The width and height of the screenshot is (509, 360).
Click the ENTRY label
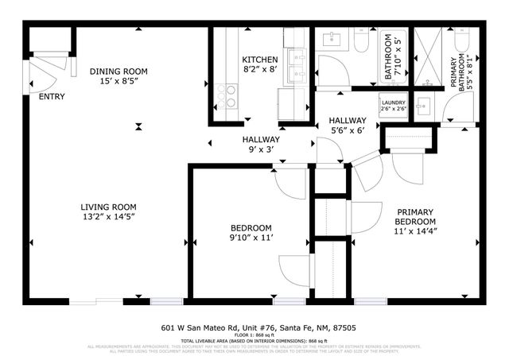click(52, 98)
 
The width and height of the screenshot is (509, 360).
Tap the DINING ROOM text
click(119, 70)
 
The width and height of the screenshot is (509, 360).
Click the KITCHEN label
click(259, 60)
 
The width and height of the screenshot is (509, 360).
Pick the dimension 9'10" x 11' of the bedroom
click(251, 237)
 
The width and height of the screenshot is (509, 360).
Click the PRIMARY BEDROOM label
click(416, 216)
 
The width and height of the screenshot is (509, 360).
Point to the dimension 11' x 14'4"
click(416, 232)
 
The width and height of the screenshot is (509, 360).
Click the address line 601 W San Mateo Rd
click(254, 327)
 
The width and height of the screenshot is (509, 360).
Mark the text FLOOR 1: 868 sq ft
click(254, 335)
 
